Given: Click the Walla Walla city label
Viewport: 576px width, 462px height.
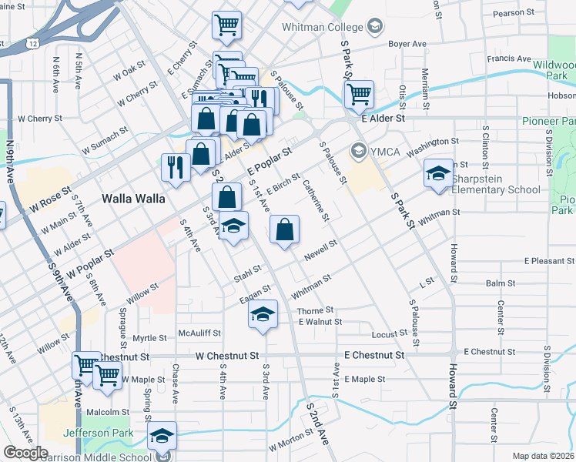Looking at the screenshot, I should [x=133, y=199].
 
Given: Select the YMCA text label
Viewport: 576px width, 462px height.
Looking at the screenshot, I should [x=385, y=151].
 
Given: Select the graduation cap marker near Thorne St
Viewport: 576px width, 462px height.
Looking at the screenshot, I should [x=263, y=315].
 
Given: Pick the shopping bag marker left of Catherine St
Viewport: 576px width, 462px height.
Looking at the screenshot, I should [x=284, y=229].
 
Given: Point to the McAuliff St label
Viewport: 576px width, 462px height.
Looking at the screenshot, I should [x=199, y=333].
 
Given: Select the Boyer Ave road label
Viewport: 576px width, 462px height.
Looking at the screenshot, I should [x=407, y=45].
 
